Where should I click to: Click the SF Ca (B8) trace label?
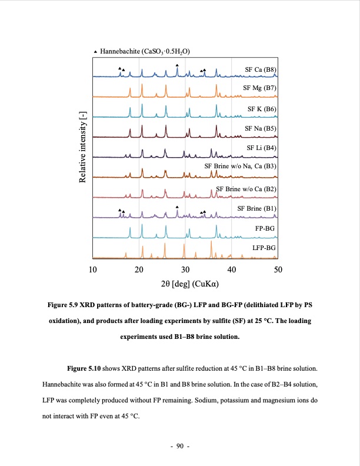click(260, 70)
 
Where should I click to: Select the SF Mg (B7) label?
click(260, 89)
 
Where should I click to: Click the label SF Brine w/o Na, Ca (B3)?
click(240, 167)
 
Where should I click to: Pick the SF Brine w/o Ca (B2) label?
click(246, 189)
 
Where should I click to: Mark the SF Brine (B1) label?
click(256, 208)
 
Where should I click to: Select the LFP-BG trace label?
click(263, 248)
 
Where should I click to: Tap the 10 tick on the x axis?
click(92, 269)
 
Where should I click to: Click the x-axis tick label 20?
click(139, 269)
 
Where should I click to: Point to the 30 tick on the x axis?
click(185, 269)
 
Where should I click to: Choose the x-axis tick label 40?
click(232, 269)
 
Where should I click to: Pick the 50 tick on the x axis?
click(278, 269)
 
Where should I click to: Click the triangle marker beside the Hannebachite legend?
click(96, 52)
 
